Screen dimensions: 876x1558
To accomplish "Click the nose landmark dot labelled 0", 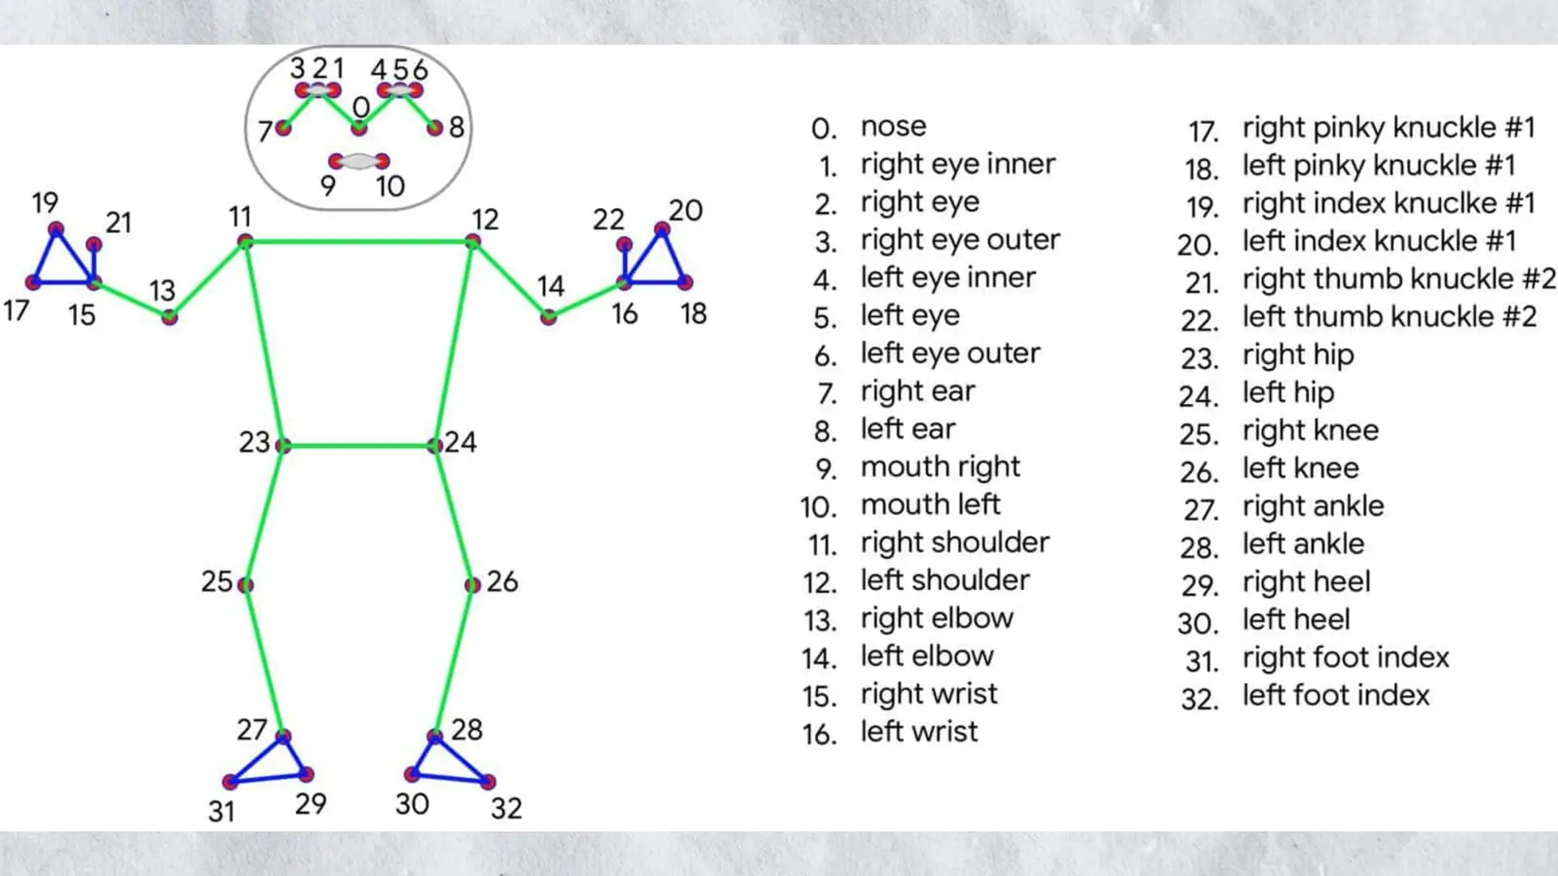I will click(359, 127).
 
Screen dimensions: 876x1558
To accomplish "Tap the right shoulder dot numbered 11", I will click(245, 241).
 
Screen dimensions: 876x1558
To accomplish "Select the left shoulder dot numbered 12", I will click(473, 241).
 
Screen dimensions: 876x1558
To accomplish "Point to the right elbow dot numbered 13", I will click(169, 317).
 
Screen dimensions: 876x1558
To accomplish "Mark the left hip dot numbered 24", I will click(435, 445).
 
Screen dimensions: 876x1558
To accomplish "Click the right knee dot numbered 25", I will click(245, 585).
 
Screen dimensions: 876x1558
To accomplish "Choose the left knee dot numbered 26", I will click(473, 585).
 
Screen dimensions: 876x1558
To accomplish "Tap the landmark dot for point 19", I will click(55, 230).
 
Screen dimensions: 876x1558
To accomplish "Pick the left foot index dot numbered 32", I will click(488, 782).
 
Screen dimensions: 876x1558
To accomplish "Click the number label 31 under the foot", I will click(222, 811).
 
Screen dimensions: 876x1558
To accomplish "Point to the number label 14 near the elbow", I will click(550, 286).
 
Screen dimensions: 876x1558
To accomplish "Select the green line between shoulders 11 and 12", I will click(359, 241).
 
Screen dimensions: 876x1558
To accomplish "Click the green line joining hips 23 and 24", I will click(359, 445).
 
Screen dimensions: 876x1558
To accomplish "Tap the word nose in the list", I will click(893, 127).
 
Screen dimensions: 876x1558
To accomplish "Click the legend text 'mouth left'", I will click(930, 505).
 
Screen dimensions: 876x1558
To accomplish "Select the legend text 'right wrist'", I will click(928, 694).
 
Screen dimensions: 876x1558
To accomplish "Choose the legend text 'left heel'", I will click(1296, 620).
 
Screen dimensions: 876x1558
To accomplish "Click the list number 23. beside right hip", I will click(1199, 358).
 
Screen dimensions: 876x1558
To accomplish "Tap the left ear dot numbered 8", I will click(435, 127).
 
